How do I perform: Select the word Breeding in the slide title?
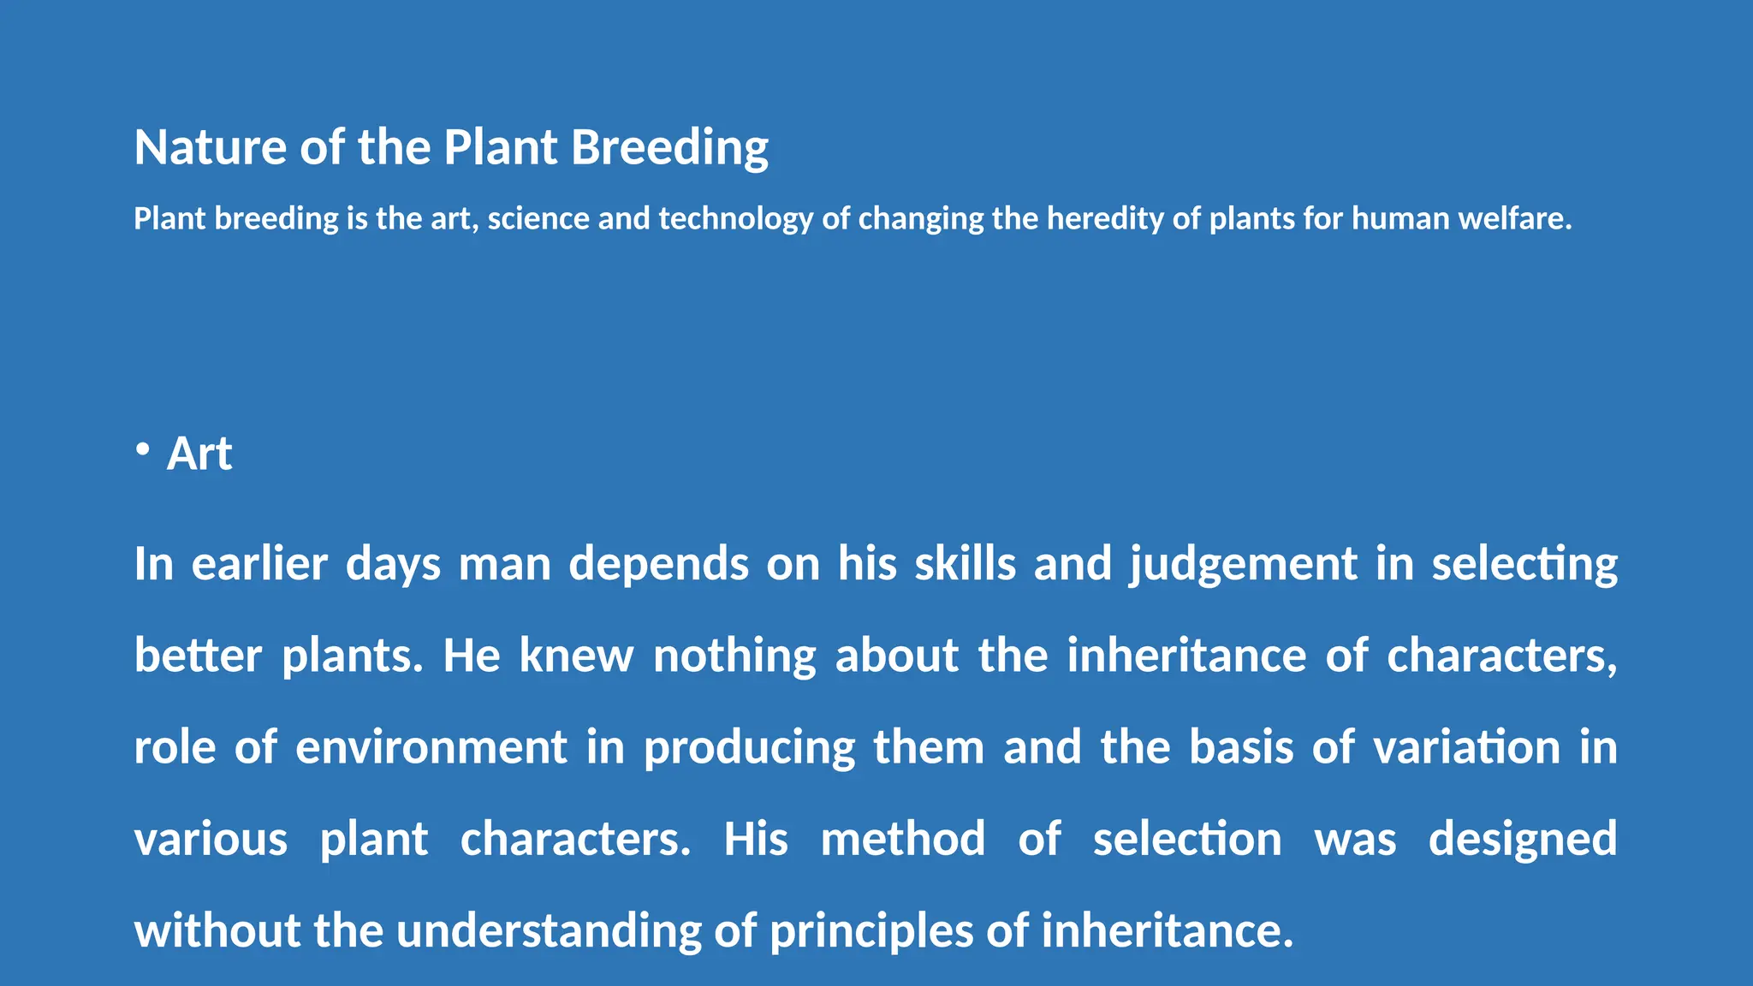[x=669, y=147]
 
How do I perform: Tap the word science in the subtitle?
[x=538, y=219]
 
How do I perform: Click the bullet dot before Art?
[x=143, y=450]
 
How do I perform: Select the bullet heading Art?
[x=199, y=454]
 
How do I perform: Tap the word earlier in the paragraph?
[x=259, y=564]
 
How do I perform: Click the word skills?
[x=965, y=564]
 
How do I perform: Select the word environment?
[x=431, y=747]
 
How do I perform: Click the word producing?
[x=749, y=747]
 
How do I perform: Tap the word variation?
[x=1467, y=747]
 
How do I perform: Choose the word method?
[x=903, y=839]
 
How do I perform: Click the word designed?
[x=1523, y=839]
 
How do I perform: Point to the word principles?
[x=871, y=930]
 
